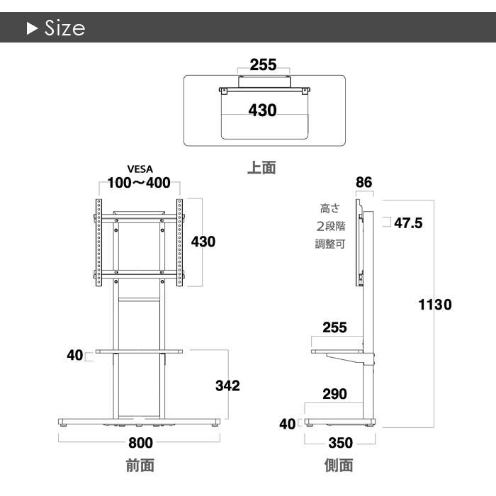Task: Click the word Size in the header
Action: [65, 28]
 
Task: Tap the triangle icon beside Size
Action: [33, 28]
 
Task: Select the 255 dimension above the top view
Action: [263, 65]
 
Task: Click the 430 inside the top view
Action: [263, 111]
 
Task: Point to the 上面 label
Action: [261, 167]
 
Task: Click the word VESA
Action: [140, 169]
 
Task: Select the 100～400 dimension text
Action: [139, 183]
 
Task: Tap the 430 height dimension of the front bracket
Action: [203, 242]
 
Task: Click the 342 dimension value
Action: [227, 385]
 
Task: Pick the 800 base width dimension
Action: [141, 443]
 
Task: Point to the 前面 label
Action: [140, 466]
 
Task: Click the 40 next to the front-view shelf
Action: [75, 355]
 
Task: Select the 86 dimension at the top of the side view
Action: [364, 183]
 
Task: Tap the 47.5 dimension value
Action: [408, 223]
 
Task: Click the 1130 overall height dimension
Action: [435, 305]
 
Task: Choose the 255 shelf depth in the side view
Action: [334, 327]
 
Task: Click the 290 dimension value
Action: [334, 394]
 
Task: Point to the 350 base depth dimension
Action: [341, 443]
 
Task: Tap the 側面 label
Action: [339, 466]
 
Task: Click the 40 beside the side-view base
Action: [288, 424]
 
